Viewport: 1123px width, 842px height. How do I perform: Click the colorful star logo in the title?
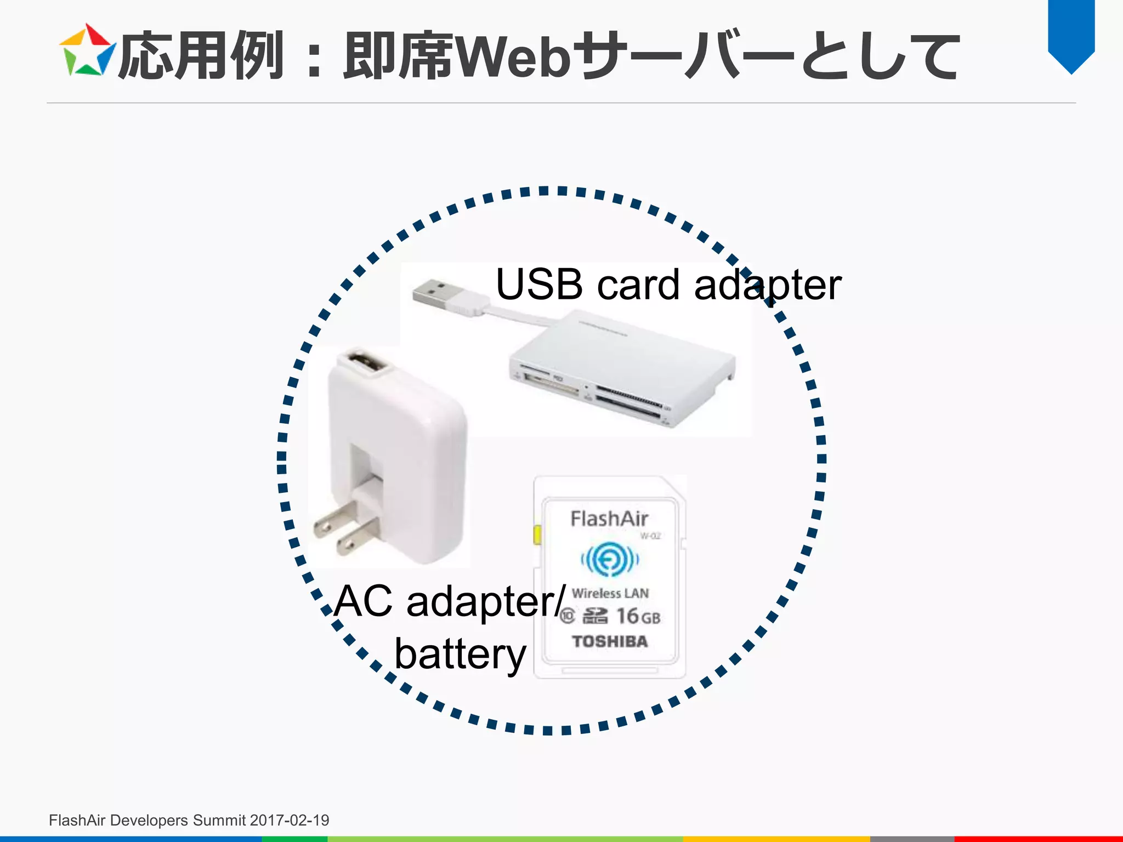[x=87, y=50]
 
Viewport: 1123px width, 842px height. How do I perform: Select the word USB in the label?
[x=539, y=285]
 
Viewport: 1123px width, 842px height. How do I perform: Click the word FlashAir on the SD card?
[x=609, y=519]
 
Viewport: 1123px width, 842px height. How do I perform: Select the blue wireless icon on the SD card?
[x=610, y=559]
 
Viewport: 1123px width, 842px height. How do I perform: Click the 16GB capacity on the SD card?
[x=638, y=617]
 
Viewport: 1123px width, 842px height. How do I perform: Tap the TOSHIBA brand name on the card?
[x=610, y=641]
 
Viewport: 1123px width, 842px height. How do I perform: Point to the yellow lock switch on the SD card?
[x=537, y=534]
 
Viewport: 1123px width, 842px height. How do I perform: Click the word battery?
[x=460, y=654]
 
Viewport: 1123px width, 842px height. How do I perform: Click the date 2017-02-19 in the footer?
[x=289, y=820]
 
